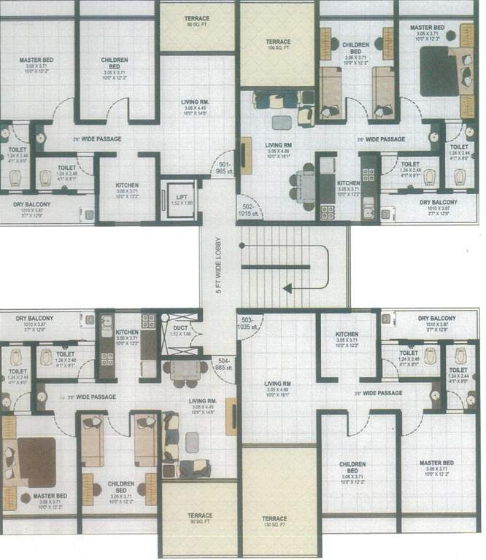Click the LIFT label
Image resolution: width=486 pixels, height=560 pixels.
178,197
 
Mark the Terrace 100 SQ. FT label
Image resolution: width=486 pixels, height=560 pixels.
278,45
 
